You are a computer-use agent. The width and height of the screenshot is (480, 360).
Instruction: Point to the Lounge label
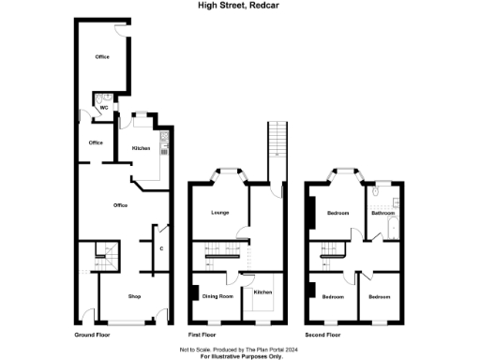coord(219,215)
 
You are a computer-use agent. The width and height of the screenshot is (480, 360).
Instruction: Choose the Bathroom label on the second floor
coord(382,213)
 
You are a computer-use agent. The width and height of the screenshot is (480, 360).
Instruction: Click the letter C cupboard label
coord(161,248)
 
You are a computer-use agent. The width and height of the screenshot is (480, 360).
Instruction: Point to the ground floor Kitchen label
coord(141,149)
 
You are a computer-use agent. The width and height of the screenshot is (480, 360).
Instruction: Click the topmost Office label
coord(102,57)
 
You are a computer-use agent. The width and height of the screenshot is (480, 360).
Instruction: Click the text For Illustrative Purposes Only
coord(239,357)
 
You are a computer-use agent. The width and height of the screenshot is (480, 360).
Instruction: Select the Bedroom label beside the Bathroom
coord(337,214)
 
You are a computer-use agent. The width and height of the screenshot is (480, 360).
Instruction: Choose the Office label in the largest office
coord(120,205)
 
